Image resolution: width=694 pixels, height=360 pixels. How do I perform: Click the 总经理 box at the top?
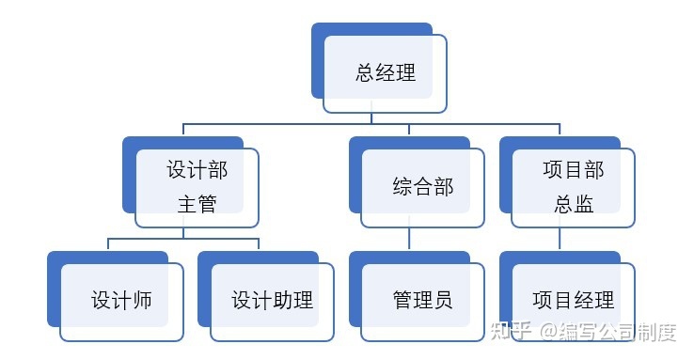tap(385, 73)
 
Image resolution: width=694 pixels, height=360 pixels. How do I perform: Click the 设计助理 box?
tap(272, 301)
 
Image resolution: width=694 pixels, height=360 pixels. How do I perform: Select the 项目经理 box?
tap(573, 301)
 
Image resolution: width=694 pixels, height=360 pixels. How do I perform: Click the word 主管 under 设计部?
tap(197, 204)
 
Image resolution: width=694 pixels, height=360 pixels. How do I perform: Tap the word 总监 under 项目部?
tap(573, 204)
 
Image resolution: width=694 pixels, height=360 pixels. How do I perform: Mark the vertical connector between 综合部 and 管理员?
tap(409, 239)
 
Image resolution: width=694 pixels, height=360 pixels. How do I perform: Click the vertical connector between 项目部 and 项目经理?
tap(560, 239)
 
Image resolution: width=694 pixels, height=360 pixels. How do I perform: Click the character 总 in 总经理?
tap(365, 73)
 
